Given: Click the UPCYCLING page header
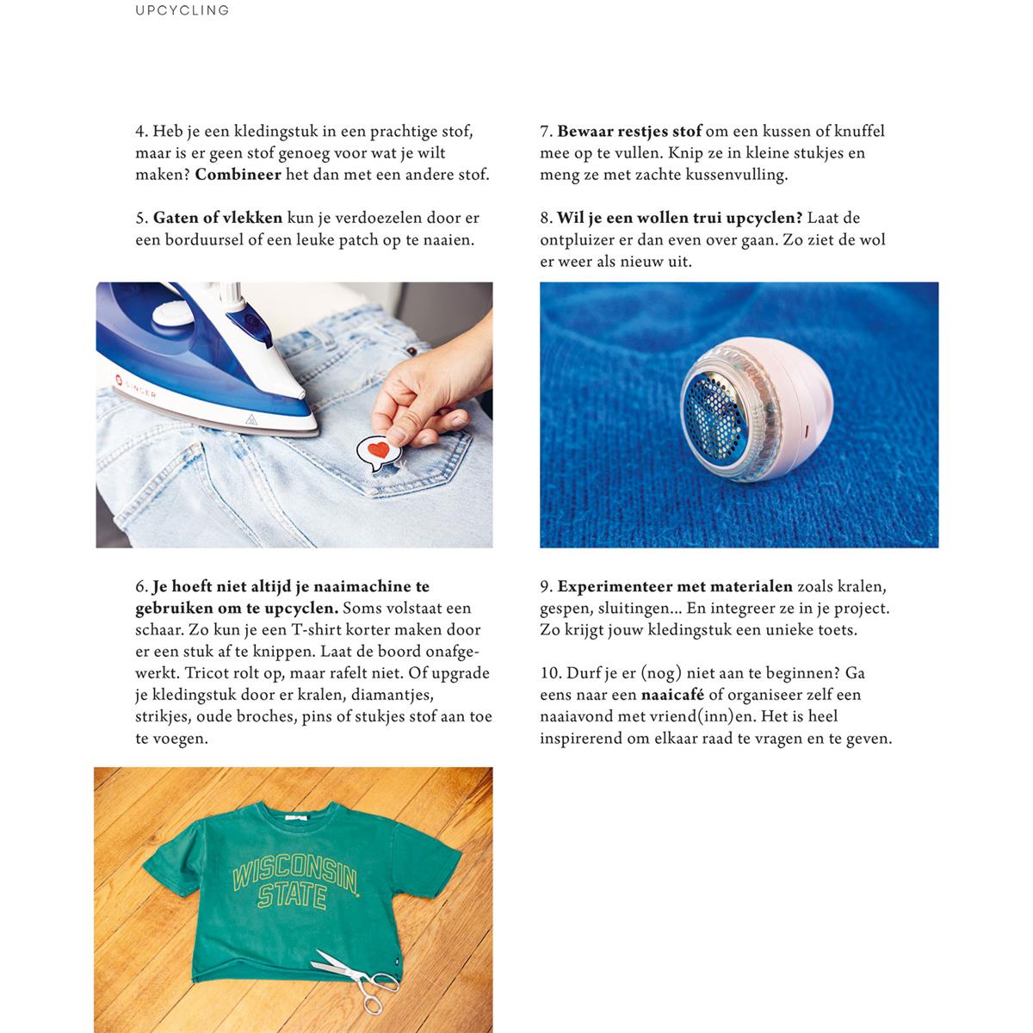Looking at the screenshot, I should coord(182,11).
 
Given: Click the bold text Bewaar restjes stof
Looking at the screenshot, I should coord(629,132).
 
